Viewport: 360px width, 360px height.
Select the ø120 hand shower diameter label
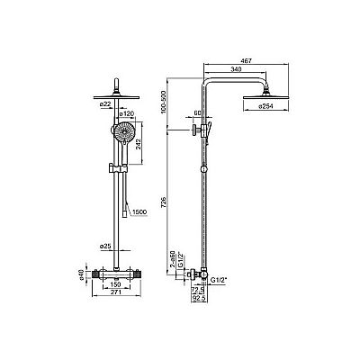128,115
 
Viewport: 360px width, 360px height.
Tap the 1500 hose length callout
138,212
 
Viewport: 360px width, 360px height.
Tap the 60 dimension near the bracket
198,114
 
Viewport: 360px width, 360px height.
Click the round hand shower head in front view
117,134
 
